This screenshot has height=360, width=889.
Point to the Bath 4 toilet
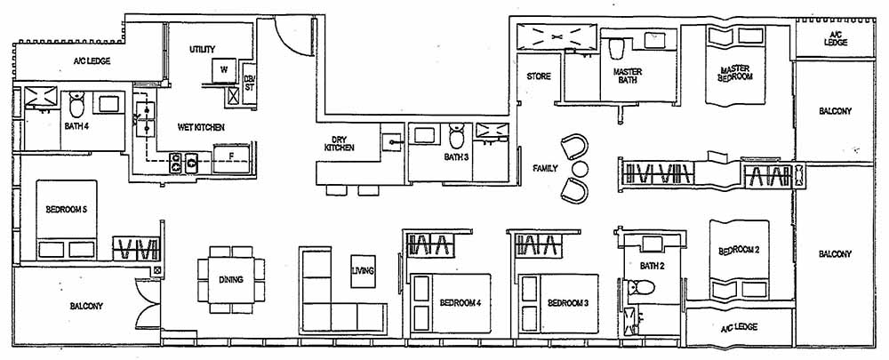[x=76, y=106]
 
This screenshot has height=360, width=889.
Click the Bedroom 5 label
[x=64, y=210]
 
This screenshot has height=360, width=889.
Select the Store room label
[x=539, y=76]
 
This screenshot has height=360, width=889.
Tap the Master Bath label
[x=628, y=76]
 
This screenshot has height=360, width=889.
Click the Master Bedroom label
[x=736, y=73]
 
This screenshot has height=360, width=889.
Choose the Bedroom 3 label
[x=568, y=303]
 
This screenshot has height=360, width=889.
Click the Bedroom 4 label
[x=460, y=303]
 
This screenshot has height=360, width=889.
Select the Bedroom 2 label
[x=738, y=251]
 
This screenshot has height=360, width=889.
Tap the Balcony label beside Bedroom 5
[x=86, y=306]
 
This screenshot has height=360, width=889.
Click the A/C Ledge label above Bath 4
[x=91, y=62]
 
